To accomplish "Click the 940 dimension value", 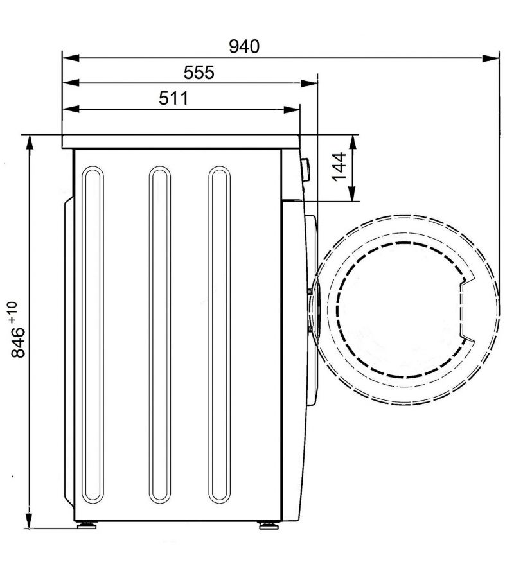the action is (x=244, y=46).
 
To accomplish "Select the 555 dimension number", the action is (x=199, y=73).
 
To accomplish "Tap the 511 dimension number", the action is (x=173, y=98).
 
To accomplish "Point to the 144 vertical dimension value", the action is (x=339, y=166).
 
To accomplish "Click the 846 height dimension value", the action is (x=18, y=342).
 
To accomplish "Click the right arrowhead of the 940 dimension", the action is (x=491, y=58).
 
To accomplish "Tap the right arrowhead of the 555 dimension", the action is (x=309, y=83).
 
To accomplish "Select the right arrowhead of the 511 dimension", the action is (x=292, y=109).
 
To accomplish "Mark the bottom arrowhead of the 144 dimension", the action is (x=352, y=193).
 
